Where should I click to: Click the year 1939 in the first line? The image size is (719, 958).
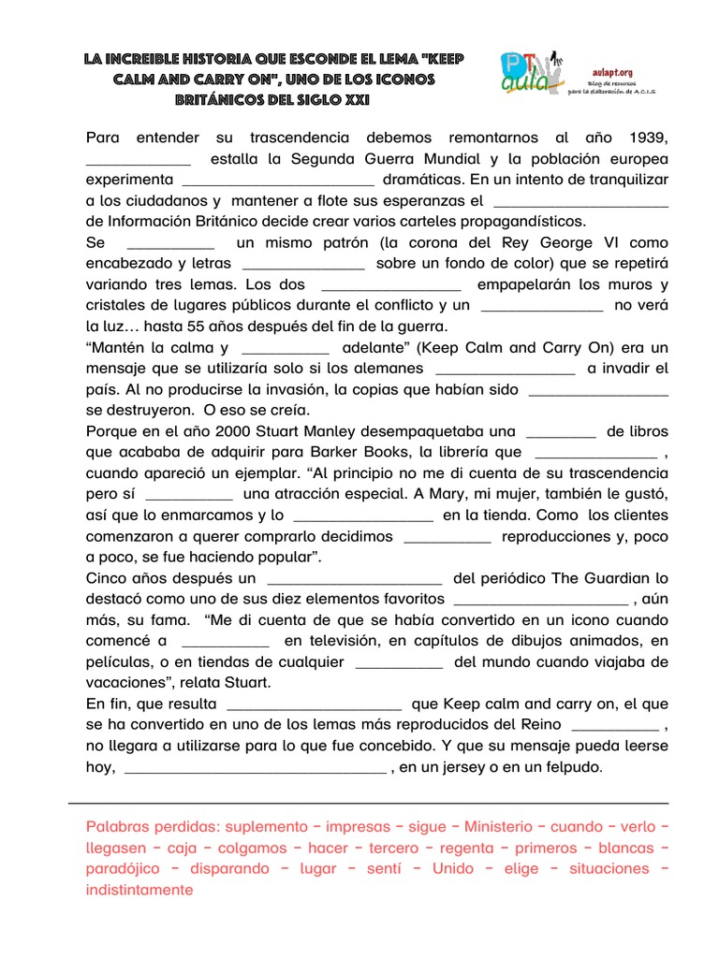[649, 138]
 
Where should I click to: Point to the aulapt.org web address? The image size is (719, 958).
[613, 70]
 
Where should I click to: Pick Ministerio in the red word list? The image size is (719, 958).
[502, 827]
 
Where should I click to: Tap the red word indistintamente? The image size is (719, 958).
[139, 890]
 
